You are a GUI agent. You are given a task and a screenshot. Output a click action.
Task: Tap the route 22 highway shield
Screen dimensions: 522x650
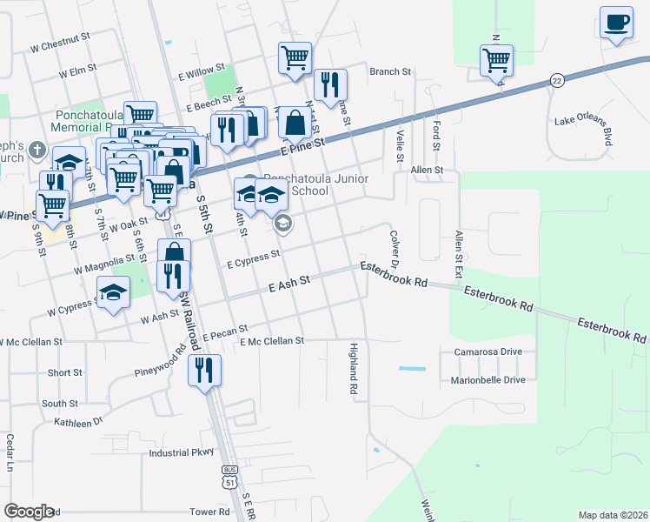(x=555, y=81)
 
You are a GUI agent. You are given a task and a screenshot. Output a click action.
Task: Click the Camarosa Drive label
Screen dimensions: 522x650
(x=487, y=351)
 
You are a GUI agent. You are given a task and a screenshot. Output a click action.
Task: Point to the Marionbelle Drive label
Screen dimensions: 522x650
(x=487, y=380)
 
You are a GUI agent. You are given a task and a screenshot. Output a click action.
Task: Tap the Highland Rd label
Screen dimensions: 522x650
(x=354, y=370)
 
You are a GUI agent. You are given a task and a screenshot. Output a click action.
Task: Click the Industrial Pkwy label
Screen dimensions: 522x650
(x=181, y=452)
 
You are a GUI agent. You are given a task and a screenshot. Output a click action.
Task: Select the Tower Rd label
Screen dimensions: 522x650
(x=211, y=512)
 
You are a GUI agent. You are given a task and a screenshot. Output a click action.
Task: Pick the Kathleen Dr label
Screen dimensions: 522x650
(x=78, y=422)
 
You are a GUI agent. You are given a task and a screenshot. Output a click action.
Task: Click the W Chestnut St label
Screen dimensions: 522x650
(x=60, y=39)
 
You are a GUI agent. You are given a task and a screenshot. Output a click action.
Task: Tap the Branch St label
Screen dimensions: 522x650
(x=389, y=71)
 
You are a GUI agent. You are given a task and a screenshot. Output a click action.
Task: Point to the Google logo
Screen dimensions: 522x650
(x=29, y=512)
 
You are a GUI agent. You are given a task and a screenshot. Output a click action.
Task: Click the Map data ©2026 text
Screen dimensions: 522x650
(x=613, y=515)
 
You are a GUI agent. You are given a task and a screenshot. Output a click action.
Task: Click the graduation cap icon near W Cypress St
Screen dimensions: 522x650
(x=112, y=292)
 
